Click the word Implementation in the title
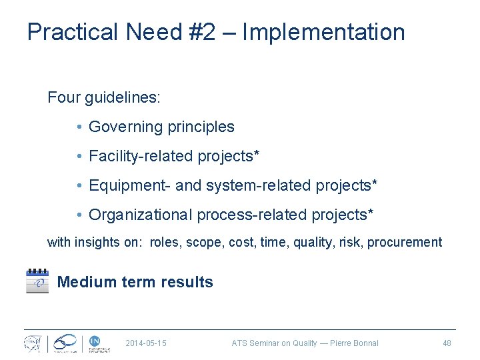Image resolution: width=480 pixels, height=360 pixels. tap(323, 32)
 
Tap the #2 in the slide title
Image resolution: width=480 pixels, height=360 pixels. tap(197, 32)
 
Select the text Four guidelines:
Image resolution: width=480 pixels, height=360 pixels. tap(103, 97)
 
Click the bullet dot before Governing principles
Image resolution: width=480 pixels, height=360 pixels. tap(79, 127)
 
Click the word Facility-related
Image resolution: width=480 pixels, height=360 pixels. tap(141, 156)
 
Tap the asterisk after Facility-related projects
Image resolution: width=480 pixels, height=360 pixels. tap(256, 155)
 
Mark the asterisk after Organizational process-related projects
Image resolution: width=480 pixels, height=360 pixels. tap(371, 213)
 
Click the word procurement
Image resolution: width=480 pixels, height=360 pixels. tap(405, 243)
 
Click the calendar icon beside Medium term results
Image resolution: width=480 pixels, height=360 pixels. tap(37, 281)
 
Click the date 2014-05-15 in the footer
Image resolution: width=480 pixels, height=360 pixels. tap(146, 343)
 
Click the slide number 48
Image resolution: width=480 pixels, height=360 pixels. tap(447, 343)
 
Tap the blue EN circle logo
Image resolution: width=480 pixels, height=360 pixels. tap(95, 341)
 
